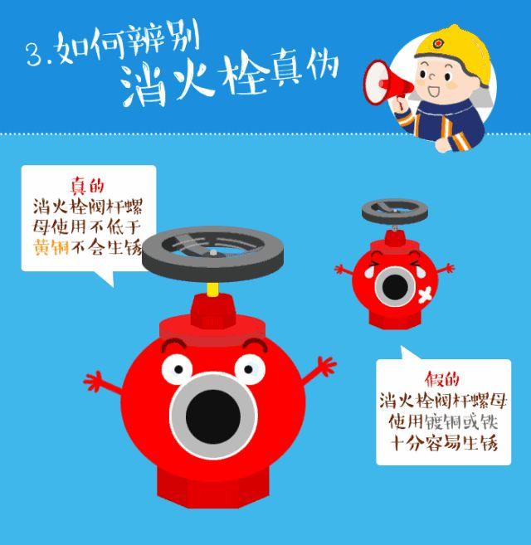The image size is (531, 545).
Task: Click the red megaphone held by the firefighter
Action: coord(384,80)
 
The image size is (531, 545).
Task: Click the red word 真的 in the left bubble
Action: coord(87,187)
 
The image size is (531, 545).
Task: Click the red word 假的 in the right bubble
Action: coord(442,379)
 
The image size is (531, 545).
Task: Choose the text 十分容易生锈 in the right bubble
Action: coord(443,442)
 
